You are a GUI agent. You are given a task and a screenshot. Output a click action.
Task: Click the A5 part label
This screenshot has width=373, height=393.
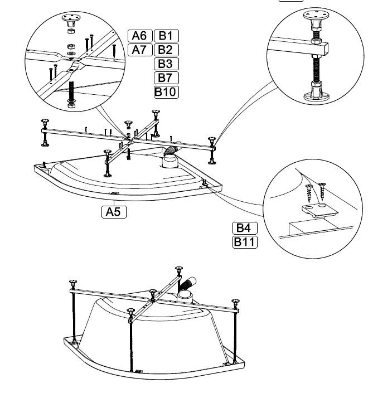114,212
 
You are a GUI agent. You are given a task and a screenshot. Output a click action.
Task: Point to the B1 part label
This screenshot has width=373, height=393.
166,36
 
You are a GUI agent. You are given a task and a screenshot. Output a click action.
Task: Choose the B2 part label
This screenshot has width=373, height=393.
166,50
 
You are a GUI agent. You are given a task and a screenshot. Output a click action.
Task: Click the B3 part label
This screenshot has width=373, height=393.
166,64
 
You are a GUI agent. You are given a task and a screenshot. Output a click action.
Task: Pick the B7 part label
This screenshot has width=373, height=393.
166,77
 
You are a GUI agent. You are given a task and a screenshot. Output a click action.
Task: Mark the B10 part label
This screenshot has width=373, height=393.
166,91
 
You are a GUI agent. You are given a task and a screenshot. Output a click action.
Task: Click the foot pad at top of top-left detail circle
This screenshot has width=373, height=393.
70,21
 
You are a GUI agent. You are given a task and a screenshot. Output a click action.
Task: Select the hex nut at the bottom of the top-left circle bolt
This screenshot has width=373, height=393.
71,103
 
